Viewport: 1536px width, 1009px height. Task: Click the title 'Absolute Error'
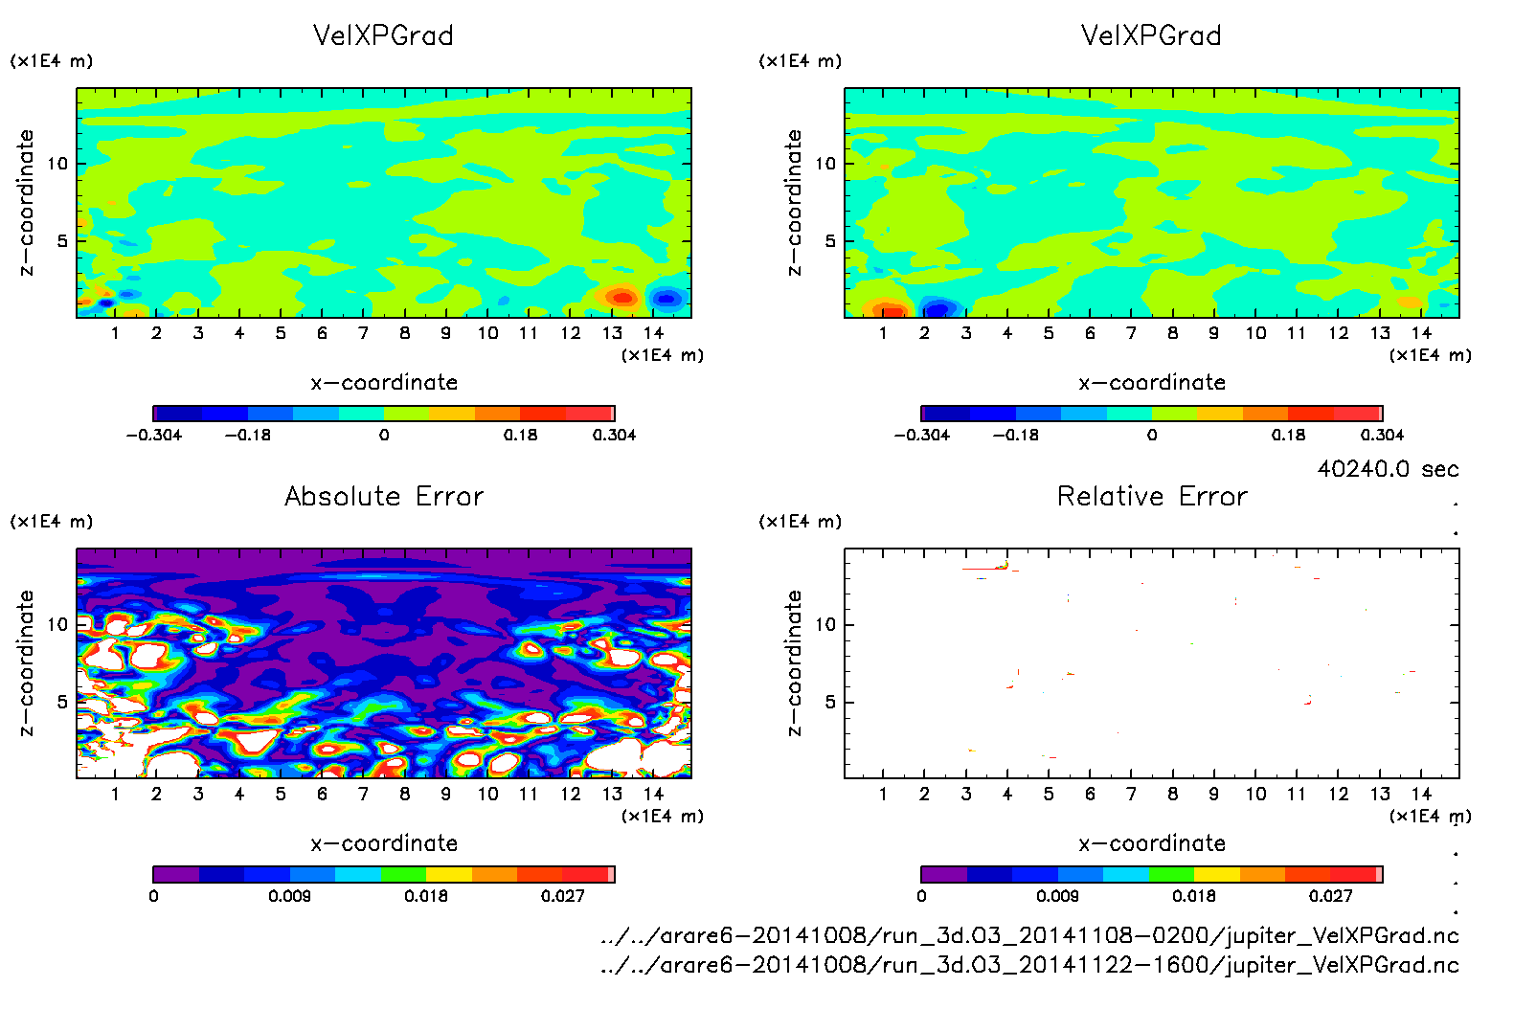(384, 496)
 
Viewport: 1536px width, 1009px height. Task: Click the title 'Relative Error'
(1152, 496)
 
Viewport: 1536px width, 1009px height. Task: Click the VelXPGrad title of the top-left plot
(383, 35)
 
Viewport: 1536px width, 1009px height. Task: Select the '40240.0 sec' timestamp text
(1388, 469)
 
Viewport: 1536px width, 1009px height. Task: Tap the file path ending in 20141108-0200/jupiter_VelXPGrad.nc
(1029, 935)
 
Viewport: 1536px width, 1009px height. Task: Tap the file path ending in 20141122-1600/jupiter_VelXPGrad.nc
(1029, 964)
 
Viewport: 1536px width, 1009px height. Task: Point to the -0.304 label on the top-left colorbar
(153, 435)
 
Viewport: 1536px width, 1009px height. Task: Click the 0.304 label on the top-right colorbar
(1382, 435)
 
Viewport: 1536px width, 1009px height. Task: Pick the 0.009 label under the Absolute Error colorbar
(288, 896)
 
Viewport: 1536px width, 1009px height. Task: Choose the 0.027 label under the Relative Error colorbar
(1330, 896)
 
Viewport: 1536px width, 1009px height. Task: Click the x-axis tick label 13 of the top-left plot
(612, 333)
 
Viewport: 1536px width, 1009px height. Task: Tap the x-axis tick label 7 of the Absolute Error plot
(363, 794)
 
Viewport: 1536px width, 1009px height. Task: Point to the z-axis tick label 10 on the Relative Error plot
(825, 624)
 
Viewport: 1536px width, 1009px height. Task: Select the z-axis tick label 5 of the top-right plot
(830, 241)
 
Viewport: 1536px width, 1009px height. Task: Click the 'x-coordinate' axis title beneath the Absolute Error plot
(384, 843)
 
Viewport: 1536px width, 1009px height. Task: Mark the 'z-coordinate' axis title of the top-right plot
(794, 203)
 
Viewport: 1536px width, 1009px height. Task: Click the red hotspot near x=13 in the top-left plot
(621, 298)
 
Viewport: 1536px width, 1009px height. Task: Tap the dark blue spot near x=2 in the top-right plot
(937, 308)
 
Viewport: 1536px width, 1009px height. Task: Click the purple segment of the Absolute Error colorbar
(176, 874)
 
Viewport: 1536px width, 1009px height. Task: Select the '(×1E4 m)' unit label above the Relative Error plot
(801, 522)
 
